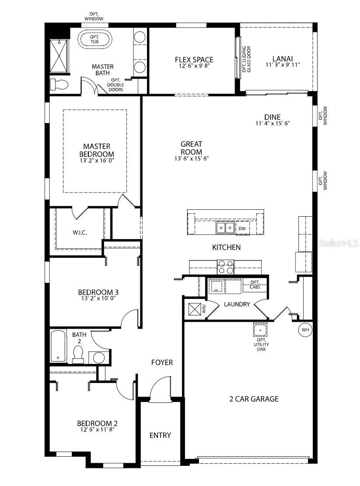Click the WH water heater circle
[305, 330]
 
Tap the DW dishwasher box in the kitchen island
[242, 229]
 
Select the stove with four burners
[226, 267]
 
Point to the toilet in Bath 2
[78, 355]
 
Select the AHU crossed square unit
[195, 309]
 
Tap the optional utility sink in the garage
[260, 330]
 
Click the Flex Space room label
[194, 60]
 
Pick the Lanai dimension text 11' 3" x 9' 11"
[283, 65]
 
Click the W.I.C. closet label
[80, 232]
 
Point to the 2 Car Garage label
[254, 399]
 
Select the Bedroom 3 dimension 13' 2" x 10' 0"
[98, 298]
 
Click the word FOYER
[162, 363]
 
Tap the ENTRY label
[160, 436]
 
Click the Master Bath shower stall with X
[59, 57]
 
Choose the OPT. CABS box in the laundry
[255, 285]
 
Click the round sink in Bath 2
[99, 358]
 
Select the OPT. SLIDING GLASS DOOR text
[246, 59]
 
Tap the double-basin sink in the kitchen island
[225, 228]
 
